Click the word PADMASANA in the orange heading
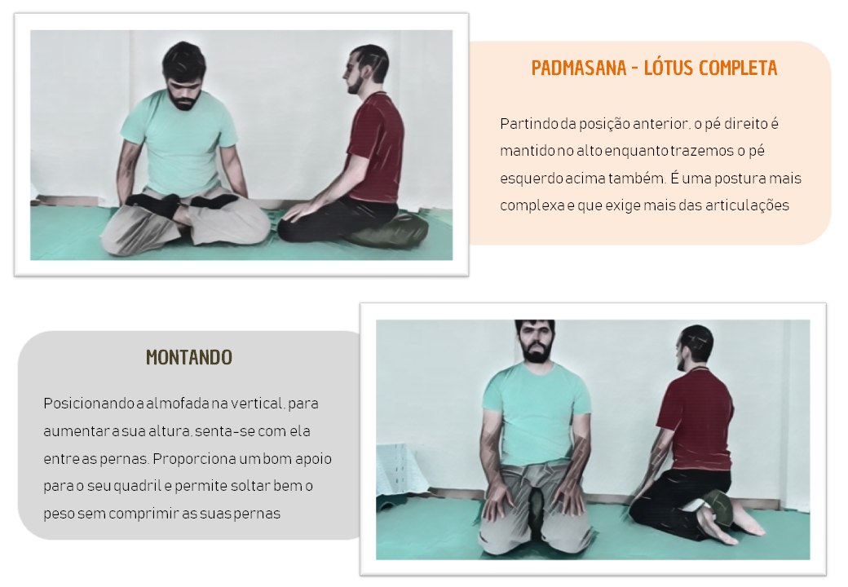(x=579, y=68)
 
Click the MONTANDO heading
(x=189, y=357)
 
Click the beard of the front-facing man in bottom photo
(x=536, y=351)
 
